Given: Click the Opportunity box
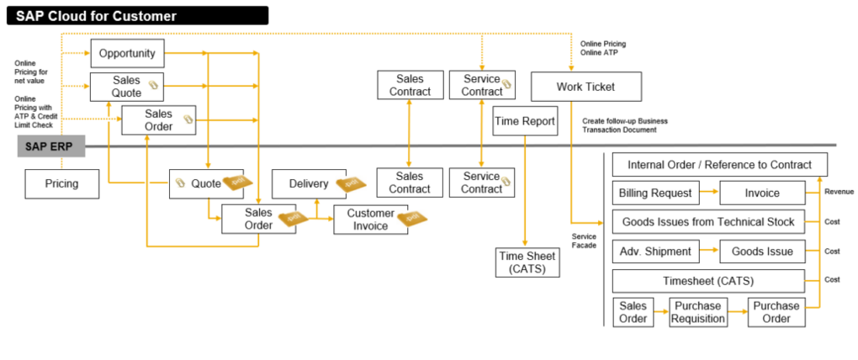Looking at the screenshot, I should (127, 54).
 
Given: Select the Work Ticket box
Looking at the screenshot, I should (585, 87).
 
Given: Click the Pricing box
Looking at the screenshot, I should (61, 183).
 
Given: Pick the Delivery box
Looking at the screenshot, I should (308, 183).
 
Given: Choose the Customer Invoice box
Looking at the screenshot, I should (370, 220).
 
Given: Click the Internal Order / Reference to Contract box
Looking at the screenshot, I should (719, 164).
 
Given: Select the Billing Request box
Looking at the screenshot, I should (655, 193).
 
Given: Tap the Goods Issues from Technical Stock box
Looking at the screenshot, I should (707, 222).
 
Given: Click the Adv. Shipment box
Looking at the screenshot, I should (655, 251).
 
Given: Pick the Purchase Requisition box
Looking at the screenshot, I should (698, 312).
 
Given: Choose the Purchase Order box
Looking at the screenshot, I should (776, 312).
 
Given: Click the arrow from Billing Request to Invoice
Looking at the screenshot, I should (709, 193).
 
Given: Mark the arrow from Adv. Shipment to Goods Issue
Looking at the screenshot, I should (709, 251).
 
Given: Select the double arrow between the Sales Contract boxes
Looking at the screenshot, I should (409, 134).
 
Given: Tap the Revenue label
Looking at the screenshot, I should (838, 192).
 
